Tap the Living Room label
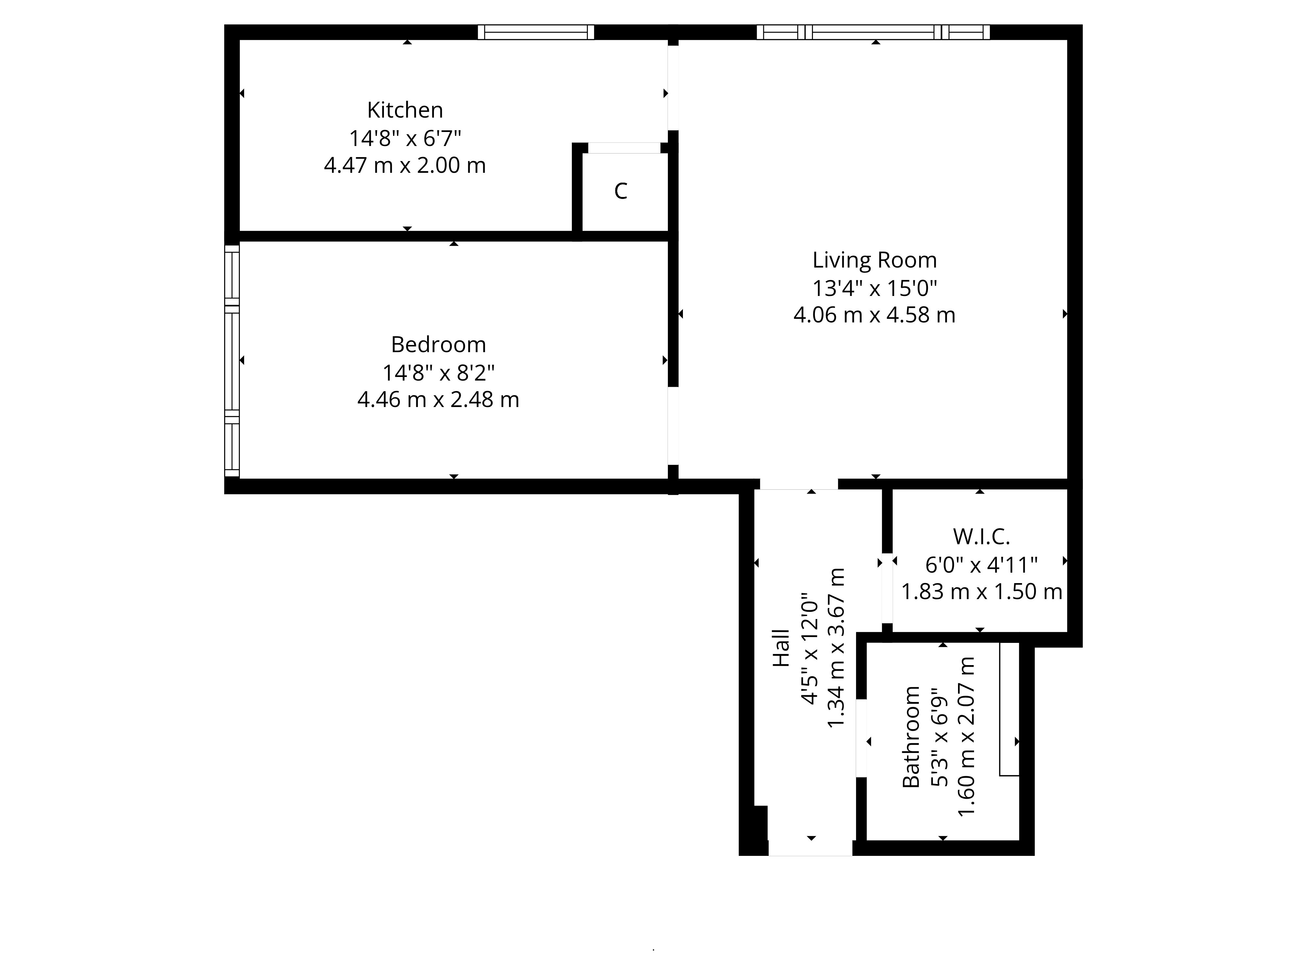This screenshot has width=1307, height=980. coord(874,260)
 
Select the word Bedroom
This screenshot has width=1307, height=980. coord(438,344)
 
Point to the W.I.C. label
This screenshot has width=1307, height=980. coord(981,536)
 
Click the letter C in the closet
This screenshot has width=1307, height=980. coord(620,191)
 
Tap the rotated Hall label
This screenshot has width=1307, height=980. coord(781,648)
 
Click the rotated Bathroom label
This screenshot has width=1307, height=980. coord(911,737)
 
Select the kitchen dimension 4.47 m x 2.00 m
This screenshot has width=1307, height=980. coord(405,165)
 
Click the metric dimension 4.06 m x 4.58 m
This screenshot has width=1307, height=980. coord(874,315)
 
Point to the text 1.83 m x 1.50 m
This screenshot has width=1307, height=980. coord(982,591)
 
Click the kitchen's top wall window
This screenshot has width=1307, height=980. coord(536,32)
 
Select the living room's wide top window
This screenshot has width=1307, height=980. coord(873,32)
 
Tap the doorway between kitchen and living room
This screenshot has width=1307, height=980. coord(673,88)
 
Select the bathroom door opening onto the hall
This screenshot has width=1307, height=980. coord(862,738)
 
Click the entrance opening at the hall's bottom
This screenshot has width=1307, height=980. coord(810,848)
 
